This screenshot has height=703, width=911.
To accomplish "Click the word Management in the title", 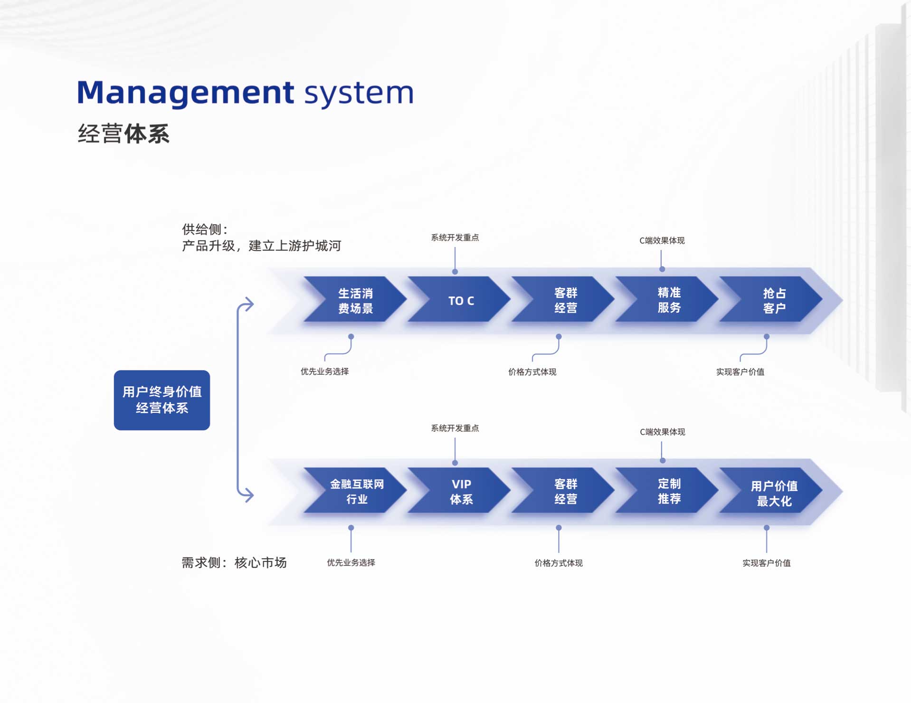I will pyautogui.click(x=185, y=92).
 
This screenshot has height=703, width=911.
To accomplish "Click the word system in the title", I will pyautogui.click(x=359, y=92).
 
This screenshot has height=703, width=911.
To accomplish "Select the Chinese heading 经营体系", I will pyautogui.click(x=123, y=133).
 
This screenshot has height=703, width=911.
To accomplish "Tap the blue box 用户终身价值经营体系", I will pyautogui.click(x=161, y=400).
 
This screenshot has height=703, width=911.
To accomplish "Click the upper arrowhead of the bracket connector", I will pyautogui.click(x=248, y=304).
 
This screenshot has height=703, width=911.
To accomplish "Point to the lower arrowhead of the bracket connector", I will pyautogui.click(x=248, y=495).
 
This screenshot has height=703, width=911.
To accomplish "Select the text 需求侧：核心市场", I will pyautogui.click(x=234, y=562).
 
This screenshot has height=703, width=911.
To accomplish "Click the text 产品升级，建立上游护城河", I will pyautogui.click(x=261, y=246).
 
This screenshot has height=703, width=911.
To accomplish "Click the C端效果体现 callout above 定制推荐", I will pyautogui.click(x=662, y=432).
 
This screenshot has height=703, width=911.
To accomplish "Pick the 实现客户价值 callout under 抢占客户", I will pyautogui.click(x=740, y=372).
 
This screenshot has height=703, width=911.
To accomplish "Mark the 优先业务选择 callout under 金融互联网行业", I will pyautogui.click(x=351, y=562).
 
